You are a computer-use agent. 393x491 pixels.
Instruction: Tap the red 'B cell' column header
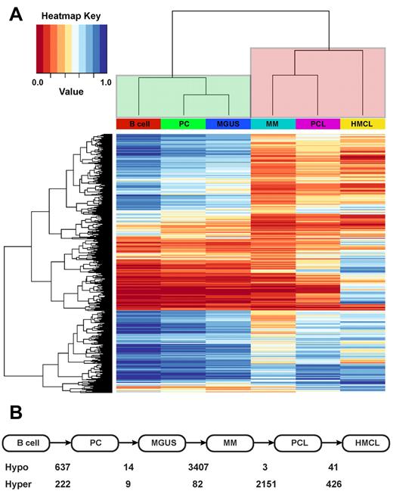[138, 123]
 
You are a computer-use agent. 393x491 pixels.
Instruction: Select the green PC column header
[182, 123]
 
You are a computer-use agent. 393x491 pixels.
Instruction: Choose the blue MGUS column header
[227, 123]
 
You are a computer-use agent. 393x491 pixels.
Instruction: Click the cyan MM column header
[272, 123]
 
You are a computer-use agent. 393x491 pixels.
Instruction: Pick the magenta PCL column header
[317, 123]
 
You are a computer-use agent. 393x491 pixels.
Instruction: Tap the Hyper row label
[19, 482]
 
